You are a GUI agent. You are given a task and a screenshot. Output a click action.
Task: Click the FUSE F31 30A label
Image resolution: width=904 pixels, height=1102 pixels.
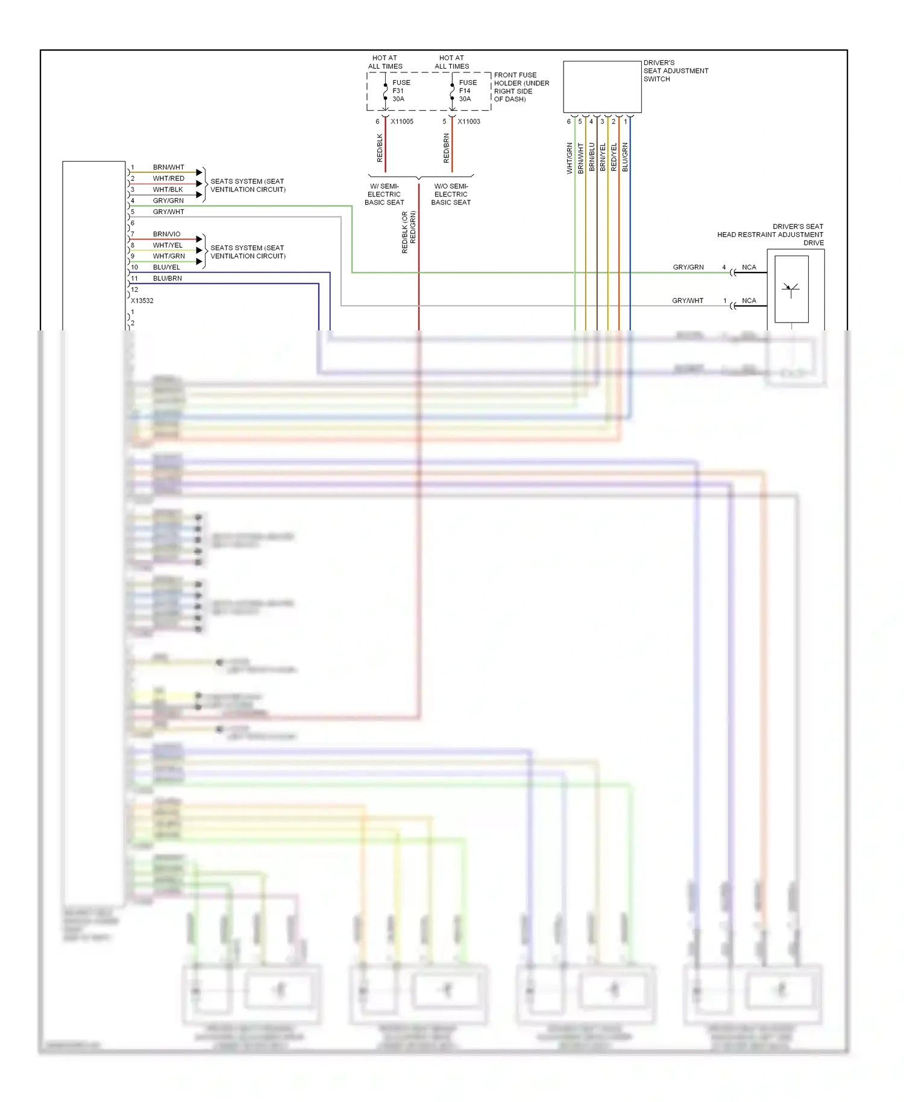401,90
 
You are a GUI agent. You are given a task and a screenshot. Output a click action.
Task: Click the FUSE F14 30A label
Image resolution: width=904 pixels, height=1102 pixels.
468,90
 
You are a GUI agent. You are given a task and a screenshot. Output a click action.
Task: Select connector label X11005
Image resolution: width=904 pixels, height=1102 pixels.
402,121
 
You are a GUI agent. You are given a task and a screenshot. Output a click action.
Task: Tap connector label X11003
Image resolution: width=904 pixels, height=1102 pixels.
469,121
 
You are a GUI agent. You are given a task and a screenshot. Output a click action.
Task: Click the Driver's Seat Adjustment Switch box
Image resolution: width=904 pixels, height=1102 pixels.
602,86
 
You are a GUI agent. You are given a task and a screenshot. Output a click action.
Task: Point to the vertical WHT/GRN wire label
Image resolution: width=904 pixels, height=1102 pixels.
570,158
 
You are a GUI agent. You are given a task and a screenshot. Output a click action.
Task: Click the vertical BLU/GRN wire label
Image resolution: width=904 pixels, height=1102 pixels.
625,157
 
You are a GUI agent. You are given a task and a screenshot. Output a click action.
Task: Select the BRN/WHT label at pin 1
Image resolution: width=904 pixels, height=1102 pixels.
168,167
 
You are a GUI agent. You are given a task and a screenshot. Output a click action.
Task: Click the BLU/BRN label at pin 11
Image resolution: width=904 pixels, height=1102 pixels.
167,278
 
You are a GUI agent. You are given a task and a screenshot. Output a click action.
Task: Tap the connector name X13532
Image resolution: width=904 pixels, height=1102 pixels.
142,300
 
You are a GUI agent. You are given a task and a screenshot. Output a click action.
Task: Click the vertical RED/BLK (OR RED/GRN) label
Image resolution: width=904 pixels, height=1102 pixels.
409,231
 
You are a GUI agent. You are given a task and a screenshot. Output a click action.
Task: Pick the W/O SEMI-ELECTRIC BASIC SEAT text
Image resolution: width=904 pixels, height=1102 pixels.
451,194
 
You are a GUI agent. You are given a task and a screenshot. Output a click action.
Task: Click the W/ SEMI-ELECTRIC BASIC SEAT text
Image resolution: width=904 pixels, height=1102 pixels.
384,194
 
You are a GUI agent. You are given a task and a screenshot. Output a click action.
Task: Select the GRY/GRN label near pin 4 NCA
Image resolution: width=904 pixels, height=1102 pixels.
688,266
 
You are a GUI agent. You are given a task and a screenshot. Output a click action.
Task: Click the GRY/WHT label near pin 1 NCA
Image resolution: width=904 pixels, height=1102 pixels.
687,300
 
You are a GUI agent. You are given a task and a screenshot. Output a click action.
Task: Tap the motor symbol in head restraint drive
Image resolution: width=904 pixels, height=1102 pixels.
791,289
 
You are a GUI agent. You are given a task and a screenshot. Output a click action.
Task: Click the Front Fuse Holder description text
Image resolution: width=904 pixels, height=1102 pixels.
521,87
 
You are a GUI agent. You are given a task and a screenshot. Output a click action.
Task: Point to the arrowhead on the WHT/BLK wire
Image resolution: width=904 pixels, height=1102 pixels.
199,194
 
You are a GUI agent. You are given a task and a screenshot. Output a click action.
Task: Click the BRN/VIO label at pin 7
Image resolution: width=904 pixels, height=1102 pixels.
166,234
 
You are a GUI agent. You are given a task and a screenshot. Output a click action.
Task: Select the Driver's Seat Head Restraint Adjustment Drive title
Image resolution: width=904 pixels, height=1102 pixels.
770,235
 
